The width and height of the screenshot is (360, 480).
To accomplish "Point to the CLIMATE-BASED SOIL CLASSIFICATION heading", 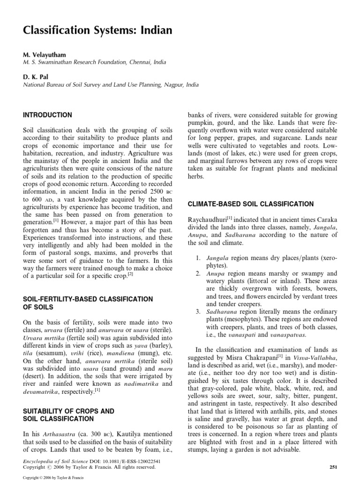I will (251, 204).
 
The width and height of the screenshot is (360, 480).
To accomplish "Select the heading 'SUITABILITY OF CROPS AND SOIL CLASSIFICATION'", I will (69, 414).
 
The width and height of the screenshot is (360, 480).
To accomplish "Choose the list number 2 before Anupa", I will (198, 273).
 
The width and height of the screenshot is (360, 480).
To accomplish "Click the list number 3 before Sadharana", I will (198, 312).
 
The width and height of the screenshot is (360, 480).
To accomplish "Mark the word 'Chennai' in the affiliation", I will (135, 62).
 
